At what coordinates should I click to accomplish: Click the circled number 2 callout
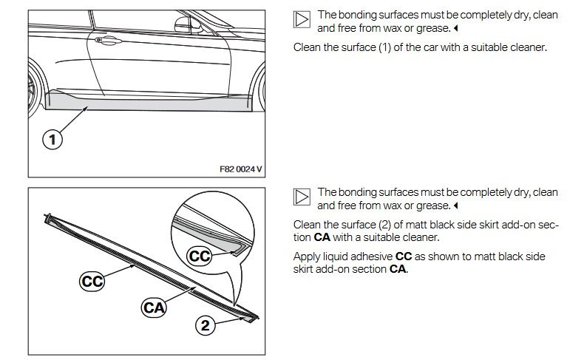pyautogui.click(x=206, y=324)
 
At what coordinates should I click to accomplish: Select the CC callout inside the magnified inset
pyautogui.click(x=200, y=257)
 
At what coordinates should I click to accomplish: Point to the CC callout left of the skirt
pyautogui.click(x=92, y=280)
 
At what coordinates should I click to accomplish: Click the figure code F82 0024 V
pyautogui.click(x=240, y=169)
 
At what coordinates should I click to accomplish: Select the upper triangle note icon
pyautogui.click(x=302, y=21)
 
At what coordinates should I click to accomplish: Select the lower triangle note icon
pyautogui.click(x=302, y=197)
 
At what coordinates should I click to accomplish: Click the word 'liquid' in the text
pyautogui.click(x=340, y=255)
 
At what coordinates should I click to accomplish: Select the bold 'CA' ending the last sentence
pyautogui.click(x=398, y=269)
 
